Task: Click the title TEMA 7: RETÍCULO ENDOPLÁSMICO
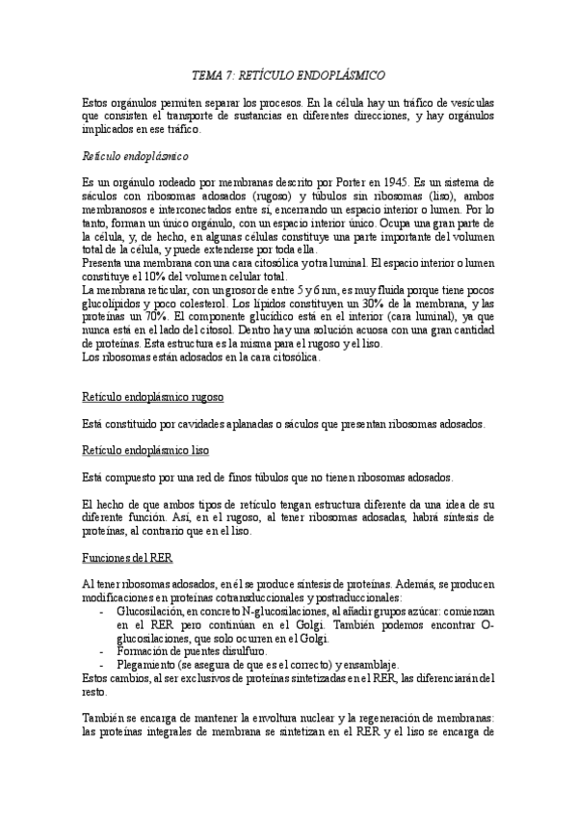(289, 73)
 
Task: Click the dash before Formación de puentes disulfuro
(103, 651)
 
